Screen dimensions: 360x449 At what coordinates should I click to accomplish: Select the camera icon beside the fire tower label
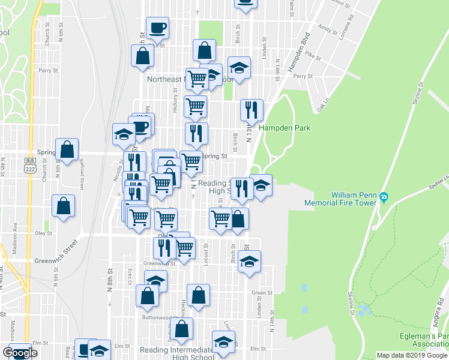tap(385, 197)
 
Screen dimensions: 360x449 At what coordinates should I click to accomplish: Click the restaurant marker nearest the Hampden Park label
tap(252, 109)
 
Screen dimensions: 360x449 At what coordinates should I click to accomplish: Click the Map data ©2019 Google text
tap(412, 355)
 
